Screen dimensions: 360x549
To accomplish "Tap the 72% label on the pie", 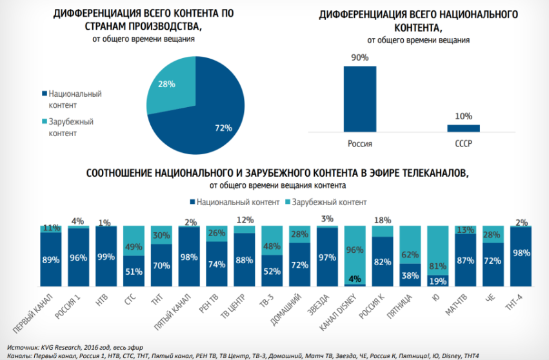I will pos(223,128).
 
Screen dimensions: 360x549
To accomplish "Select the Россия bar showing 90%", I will pos(359,98).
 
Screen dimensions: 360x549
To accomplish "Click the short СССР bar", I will pos(463,128).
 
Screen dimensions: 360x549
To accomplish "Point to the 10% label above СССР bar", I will pos(463,116).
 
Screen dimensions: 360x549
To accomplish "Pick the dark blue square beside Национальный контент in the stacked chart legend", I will pos(192,202).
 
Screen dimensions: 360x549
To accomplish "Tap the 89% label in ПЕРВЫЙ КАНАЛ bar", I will pos(51,260).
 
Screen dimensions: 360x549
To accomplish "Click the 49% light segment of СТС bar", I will pos(134,241).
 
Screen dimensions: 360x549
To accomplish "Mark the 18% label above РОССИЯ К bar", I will pos(382,220).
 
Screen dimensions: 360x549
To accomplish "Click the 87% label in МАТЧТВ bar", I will pos(464,261).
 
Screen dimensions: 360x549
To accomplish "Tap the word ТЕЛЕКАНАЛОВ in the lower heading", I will pos(419,174).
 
